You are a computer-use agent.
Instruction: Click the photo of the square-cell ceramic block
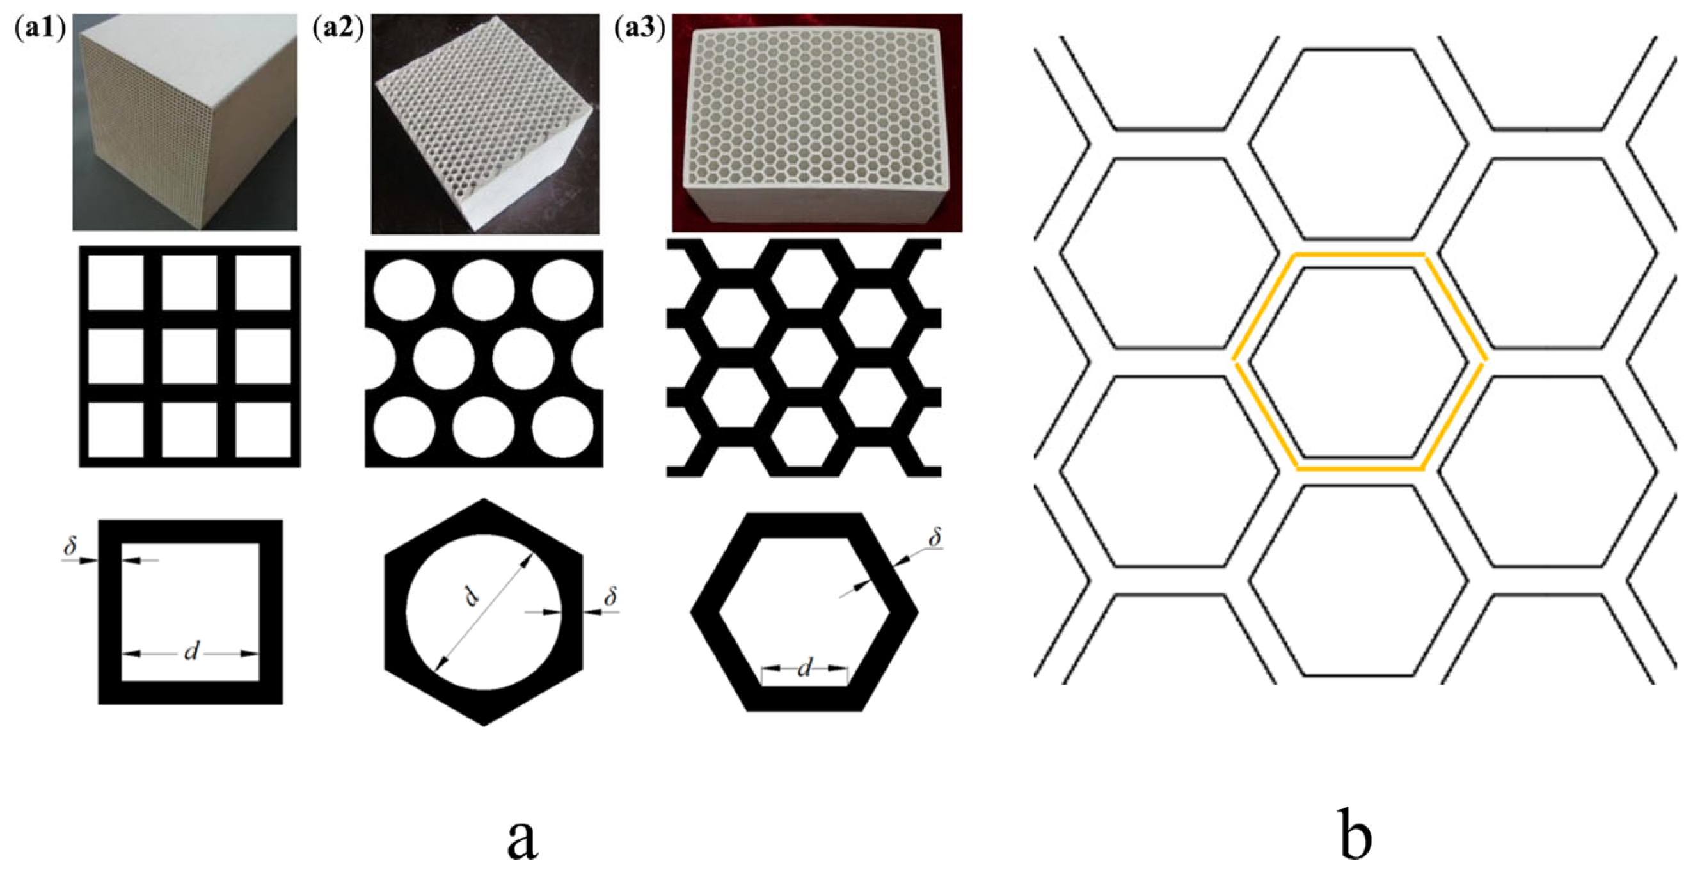click(184, 122)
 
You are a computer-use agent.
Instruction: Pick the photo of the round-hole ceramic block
click(485, 124)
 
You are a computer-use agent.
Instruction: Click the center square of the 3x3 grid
click(189, 356)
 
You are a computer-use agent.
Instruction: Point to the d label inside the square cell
click(191, 652)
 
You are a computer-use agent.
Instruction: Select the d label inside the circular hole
click(472, 597)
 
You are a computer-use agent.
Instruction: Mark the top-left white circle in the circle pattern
click(404, 290)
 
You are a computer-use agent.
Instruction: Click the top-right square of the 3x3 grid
click(263, 283)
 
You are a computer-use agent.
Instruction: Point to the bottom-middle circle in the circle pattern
click(483, 428)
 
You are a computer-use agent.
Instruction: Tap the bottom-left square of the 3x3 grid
click(116, 429)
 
